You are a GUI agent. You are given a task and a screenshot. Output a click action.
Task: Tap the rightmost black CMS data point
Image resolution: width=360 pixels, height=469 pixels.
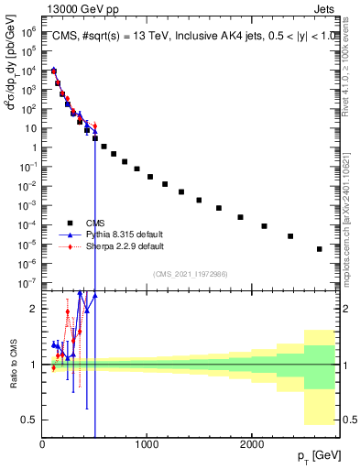[x=320, y=249]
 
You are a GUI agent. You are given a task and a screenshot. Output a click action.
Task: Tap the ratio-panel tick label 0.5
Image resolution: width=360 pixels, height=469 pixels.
[x=29, y=420]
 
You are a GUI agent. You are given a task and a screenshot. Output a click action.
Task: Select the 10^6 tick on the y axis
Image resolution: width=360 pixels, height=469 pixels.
[x=27, y=30]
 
